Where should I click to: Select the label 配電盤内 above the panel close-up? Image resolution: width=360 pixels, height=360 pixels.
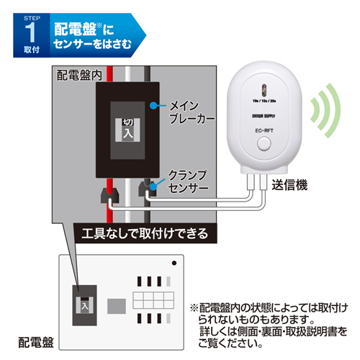[x=78, y=75]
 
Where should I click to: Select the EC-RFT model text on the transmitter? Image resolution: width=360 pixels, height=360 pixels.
[x=263, y=130]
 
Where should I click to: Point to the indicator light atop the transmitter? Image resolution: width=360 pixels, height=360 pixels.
[x=264, y=90]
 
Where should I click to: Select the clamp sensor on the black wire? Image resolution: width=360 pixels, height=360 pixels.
[x=149, y=190]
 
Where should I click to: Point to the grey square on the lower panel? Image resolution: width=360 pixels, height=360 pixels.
[x=116, y=306]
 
